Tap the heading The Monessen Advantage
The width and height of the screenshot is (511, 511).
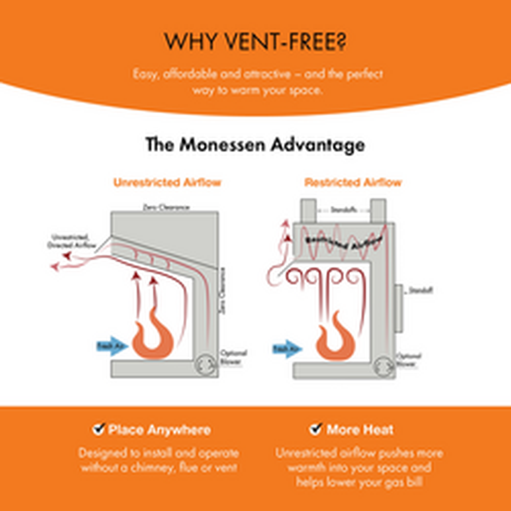[255, 145]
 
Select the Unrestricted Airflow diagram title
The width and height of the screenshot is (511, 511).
[167, 183]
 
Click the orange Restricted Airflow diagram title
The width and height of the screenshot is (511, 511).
[353, 183]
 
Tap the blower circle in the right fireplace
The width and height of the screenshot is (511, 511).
[384, 367]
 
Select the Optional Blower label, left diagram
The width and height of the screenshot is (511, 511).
[233, 357]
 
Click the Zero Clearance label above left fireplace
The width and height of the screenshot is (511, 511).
[166, 207]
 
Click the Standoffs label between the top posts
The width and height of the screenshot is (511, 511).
[343, 210]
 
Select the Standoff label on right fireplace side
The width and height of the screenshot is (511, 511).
[421, 290]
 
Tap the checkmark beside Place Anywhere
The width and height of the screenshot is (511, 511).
[98, 430]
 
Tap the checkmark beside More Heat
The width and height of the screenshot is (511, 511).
[316, 430]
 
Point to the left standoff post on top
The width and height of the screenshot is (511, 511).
[308, 211]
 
